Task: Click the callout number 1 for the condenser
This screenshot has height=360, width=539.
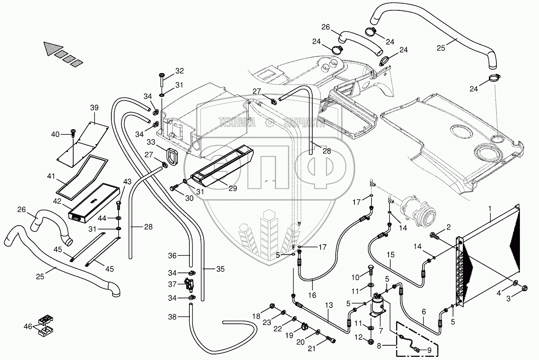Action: coord(490,208)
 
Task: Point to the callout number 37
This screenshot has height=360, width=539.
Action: coord(172,284)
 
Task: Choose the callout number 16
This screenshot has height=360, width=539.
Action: coord(312,295)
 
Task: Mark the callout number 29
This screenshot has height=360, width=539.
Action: coord(232,189)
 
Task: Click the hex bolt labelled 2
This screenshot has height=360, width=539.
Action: coord(434,236)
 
